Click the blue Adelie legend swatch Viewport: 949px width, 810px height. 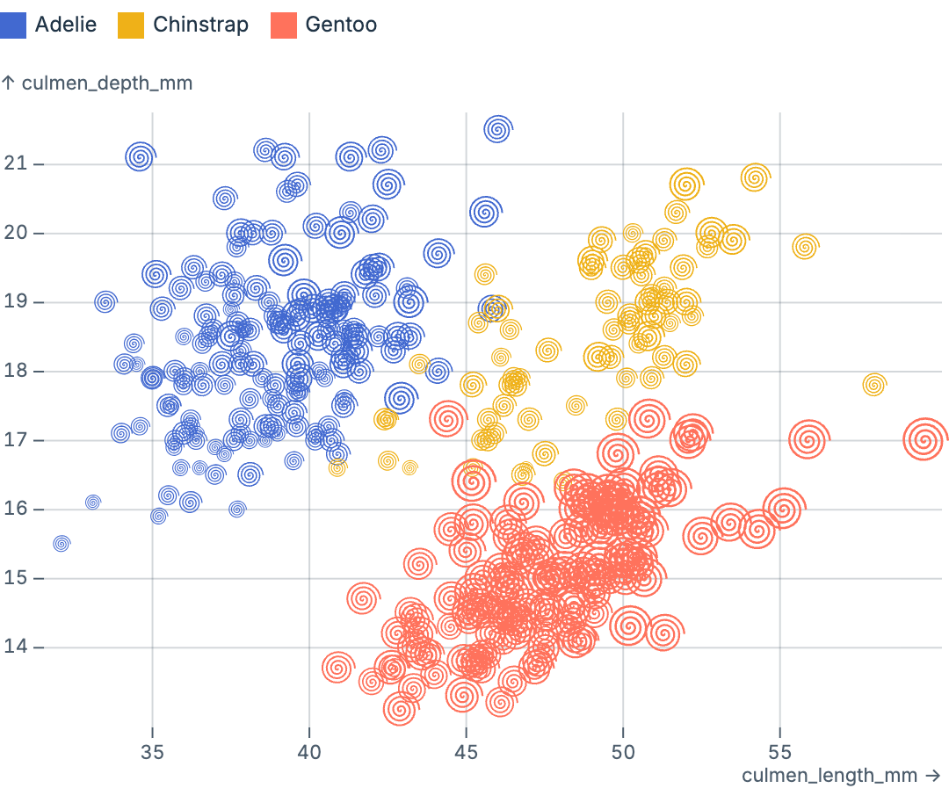point(16,25)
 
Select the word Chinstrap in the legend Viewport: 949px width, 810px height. point(200,25)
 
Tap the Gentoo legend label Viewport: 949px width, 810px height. point(341,25)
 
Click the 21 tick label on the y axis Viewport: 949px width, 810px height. point(15,164)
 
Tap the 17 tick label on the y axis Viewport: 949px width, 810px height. point(15,440)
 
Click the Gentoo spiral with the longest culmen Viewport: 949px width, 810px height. point(924,440)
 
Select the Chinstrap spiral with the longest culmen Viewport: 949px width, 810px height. point(873,385)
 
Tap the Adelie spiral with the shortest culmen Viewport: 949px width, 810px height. point(61,544)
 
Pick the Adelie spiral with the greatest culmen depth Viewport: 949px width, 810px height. point(498,130)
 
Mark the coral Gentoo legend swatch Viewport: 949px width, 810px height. point(283,25)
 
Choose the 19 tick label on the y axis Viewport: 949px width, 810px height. point(15,302)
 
